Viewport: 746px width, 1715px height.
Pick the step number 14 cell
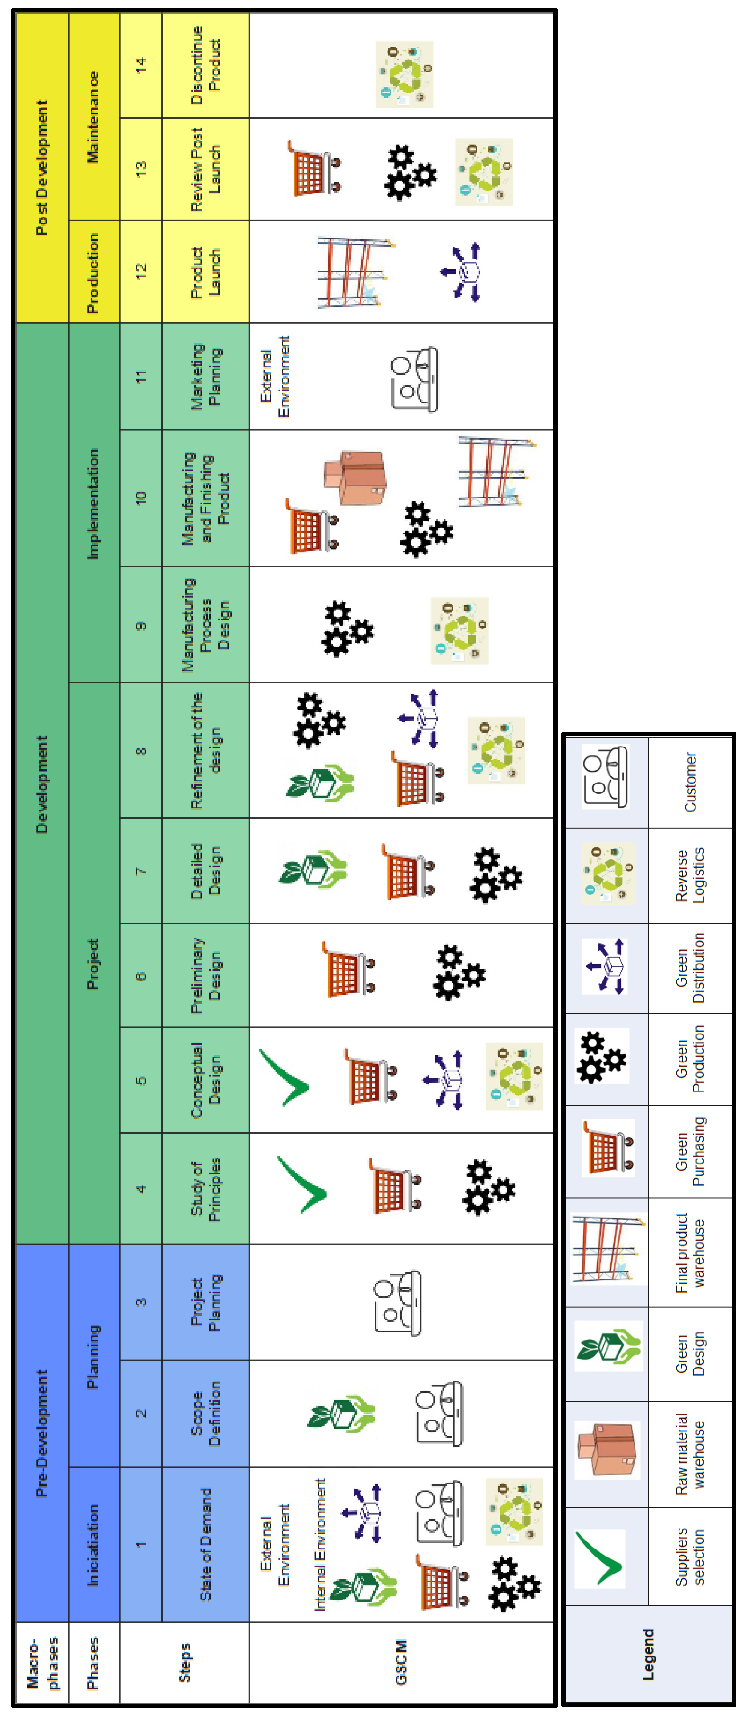(x=140, y=65)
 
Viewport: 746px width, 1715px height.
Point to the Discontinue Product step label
(x=205, y=65)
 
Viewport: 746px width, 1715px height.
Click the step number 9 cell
(x=140, y=624)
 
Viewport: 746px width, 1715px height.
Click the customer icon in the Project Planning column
(x=398, y=1302)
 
